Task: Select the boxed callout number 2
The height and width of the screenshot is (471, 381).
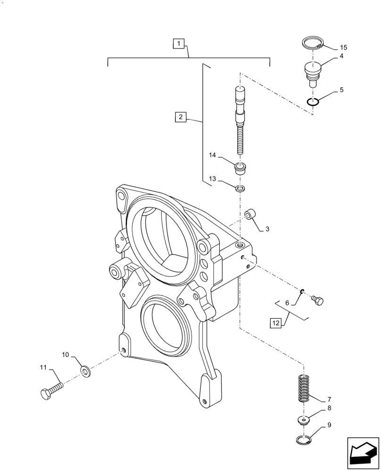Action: pos(181,117)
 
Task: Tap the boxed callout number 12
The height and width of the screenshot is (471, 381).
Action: pos(275,323)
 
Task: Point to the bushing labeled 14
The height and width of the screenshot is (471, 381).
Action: pos(241,168)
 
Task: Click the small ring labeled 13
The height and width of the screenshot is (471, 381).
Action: pos(240,189)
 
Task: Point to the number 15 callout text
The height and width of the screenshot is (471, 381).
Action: pos(343,48)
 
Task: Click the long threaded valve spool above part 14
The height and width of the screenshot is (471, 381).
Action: pos(240,121)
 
